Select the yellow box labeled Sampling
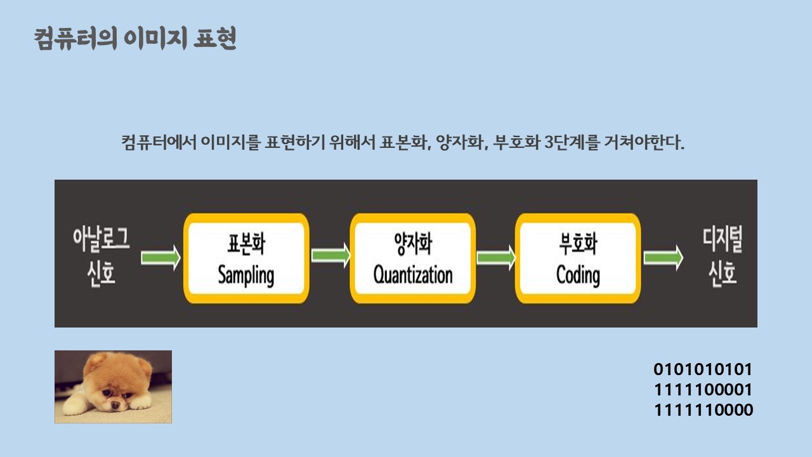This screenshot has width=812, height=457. [x=246, y=258]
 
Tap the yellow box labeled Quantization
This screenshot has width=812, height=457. [x=412, y=258]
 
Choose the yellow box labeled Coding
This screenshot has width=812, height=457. [x=578, y=258]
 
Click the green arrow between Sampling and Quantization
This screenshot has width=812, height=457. [x=331, y=256]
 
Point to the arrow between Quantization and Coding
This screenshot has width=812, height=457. [x=495, y=257]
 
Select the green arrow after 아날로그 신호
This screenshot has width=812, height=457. [x=160, y=258]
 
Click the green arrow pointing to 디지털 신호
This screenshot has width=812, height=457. [x=663, y=258]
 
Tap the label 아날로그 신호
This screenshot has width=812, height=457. [x=101, y=257]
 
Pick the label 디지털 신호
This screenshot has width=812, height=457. [x=722, y=257]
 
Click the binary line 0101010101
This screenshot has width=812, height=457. [x=703, y=369]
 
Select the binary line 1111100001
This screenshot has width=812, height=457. [x=703, y=390]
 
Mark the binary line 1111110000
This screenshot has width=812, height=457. [x=704, y=410]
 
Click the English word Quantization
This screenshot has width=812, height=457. [x=412, y=275]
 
